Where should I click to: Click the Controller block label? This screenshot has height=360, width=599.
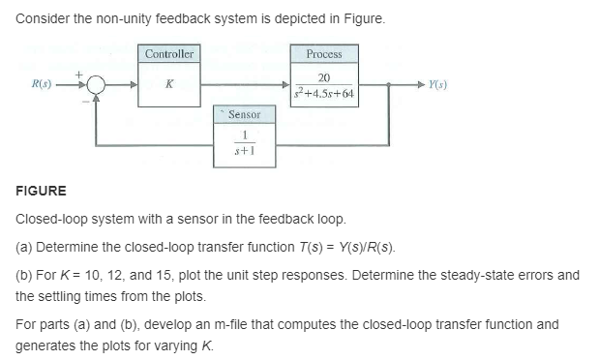point(170,54)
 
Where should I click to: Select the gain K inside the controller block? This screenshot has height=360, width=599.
point(170,85)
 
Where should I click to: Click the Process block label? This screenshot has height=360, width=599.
point(323,54)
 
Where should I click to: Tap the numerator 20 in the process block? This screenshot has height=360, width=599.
point(324,76)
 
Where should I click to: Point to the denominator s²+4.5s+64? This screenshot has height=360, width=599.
point(324,93)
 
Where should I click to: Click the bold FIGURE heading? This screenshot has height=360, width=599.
point(42,192)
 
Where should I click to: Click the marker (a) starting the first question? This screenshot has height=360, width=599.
point(26,247)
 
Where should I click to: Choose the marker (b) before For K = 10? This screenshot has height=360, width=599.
point(26,275)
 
